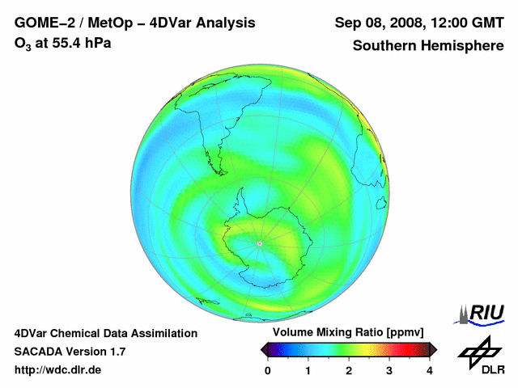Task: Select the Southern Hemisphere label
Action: click(427, 45)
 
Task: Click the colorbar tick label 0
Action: click(268, 370)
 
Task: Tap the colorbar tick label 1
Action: click(308, 370)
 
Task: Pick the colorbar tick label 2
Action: click(349, 370)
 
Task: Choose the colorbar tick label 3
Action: click(389, 370)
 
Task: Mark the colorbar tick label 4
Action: click(430, 370)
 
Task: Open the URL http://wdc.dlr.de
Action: click(58, 370)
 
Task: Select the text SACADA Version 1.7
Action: click(70, 352)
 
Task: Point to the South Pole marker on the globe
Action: click(259, 243)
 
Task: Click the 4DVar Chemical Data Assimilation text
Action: click(105, 333)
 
